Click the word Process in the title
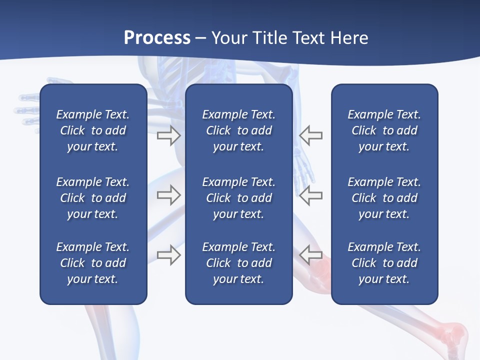click(157, 38)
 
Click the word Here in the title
click(348, 38)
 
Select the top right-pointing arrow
click(168, 135)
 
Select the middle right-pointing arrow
click(168, 195)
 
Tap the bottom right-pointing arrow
click(168, 255)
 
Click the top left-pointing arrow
click(311, 135)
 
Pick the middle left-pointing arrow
click(311, 195)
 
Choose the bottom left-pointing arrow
click(311, 255)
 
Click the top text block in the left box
click(93, 130)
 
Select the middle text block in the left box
click(93, 198)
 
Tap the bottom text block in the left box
click(93, 263)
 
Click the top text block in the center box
click(238, 130)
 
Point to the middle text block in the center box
click(238, 198)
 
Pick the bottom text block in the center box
click(238, 263)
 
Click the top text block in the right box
click(384, 130)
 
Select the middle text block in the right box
click(384, 198)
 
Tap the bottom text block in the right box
click(384, 263)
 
